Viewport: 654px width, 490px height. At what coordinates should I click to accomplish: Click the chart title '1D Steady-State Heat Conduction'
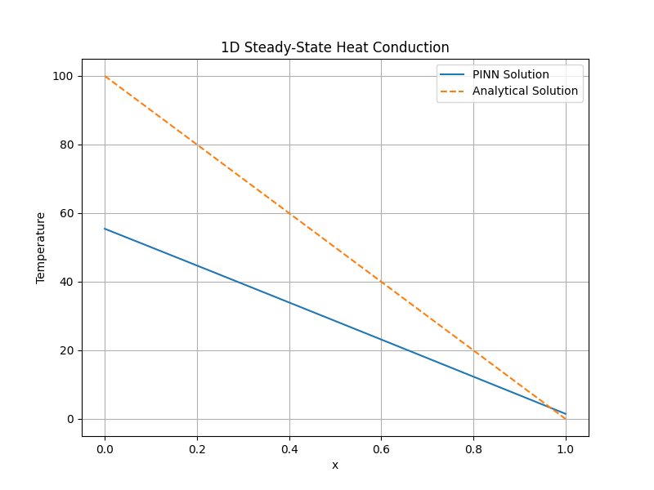click(x=334, y=47)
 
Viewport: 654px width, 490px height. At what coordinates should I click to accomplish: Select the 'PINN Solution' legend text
click(x=510, y=74)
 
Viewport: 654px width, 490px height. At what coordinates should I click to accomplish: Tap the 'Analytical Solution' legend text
click(x=525, y=91)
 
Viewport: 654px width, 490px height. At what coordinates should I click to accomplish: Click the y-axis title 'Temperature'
click(x=41, y=247)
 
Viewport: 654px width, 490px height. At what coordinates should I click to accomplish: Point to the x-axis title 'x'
click(x=334, y=465)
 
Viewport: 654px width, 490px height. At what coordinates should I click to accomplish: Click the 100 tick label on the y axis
click(x=64, y=76)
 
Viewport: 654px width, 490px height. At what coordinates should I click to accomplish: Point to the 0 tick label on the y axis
click(x=70, y=419)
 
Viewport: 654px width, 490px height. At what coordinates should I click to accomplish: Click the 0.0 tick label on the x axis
click(x=105, y=448)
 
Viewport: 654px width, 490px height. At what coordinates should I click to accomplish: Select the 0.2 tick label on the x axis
click(x=197, y=448)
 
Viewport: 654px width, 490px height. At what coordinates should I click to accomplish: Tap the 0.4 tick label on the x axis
click(x=289, y=448)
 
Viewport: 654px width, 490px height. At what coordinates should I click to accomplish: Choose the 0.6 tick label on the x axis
click(x=381, y=448)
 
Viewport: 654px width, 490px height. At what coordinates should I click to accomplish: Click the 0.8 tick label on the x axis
click(x=473, y=448)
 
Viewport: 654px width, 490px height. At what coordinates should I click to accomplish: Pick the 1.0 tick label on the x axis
click(x=566, y=448)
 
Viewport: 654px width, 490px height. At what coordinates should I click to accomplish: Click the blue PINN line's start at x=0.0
click(x=105, y=229)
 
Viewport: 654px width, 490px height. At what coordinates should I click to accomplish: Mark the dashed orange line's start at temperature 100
click(x=105, y=76)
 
